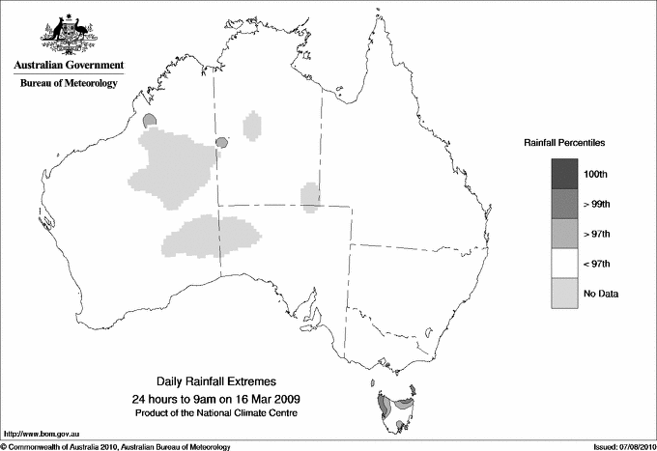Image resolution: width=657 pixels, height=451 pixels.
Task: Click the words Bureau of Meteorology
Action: pyautogui.click(x=69, y=84)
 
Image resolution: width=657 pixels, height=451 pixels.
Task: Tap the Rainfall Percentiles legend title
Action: pyautogui.click(x=564, y=143)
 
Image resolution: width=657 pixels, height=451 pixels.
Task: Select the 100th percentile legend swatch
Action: pyautogui.click(x=564, y=173)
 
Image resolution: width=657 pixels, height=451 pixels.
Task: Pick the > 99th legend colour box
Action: pyautogui.click(x=564, y=203)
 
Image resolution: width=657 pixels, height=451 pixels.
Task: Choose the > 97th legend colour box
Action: pyautogui.click(x=564, y=233)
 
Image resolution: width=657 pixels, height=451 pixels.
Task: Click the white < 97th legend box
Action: pyautogui.click(x=564, y=263)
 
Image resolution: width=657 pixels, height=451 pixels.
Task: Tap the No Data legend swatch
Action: pyautogui.click(x=564, y=293)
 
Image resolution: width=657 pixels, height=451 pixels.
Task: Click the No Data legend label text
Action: pyautogui.click(x=600, y=293)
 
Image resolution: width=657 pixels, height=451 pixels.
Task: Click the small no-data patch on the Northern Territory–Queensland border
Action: pyautogui.click(x=310, y=196)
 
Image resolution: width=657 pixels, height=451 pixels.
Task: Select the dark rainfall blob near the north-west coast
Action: pyautogui.click(x=150, y=121)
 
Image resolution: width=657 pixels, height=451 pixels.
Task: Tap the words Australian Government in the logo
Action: pyautogui.click(x=69, y=66)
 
